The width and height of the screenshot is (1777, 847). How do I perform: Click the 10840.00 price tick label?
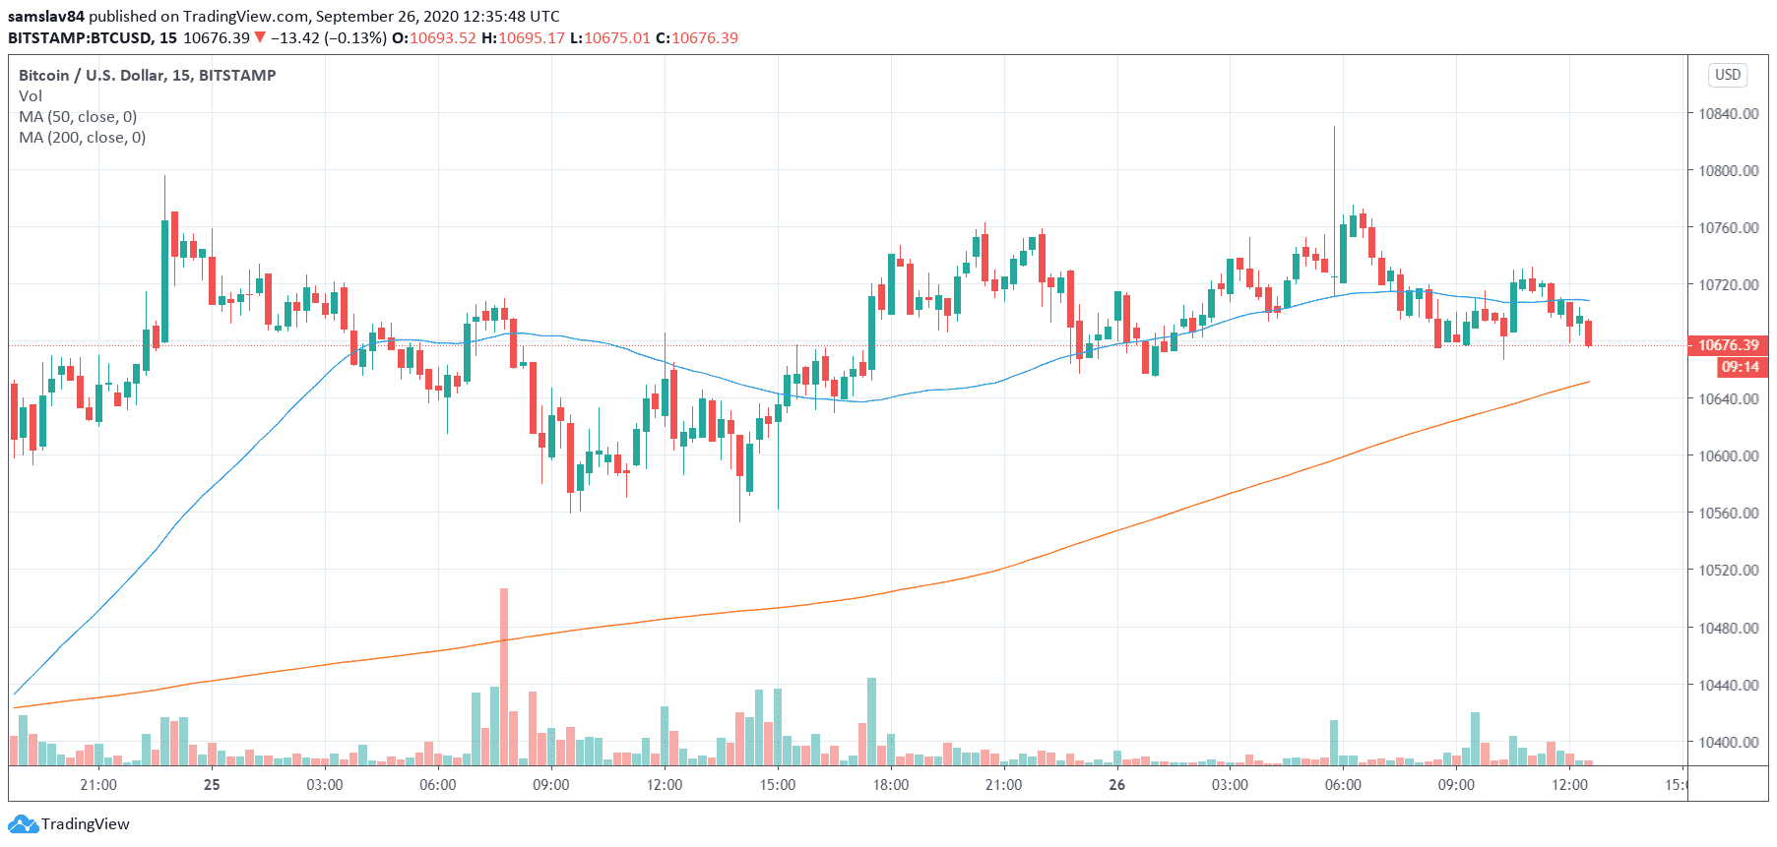pos(1728,113)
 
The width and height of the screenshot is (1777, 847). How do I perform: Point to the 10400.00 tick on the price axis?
pos(1728,742)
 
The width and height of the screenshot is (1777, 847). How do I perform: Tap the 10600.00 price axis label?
pos(1728,455)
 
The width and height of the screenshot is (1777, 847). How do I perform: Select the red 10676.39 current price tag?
pos(1728,345)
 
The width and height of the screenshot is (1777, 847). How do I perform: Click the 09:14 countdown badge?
pos(1740,367)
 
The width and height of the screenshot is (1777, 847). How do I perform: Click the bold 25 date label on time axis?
pos(212,785)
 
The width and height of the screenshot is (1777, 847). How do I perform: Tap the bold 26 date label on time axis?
pos(1116,785)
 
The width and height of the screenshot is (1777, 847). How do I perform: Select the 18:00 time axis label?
pos(890,785)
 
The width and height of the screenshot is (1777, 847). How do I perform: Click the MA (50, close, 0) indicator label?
pos(78,117)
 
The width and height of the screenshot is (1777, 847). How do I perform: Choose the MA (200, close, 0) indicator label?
pos(82,138)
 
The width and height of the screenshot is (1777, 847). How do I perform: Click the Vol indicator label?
pos(31,96)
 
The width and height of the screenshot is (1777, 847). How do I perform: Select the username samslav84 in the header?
pos(46,17)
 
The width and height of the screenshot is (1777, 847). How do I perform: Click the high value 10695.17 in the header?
pos(532,38)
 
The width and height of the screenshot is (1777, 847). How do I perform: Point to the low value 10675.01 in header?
pos(617,38)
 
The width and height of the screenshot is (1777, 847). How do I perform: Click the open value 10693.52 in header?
pos(443,38)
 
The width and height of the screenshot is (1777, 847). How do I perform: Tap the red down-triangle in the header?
pos(260,37)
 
